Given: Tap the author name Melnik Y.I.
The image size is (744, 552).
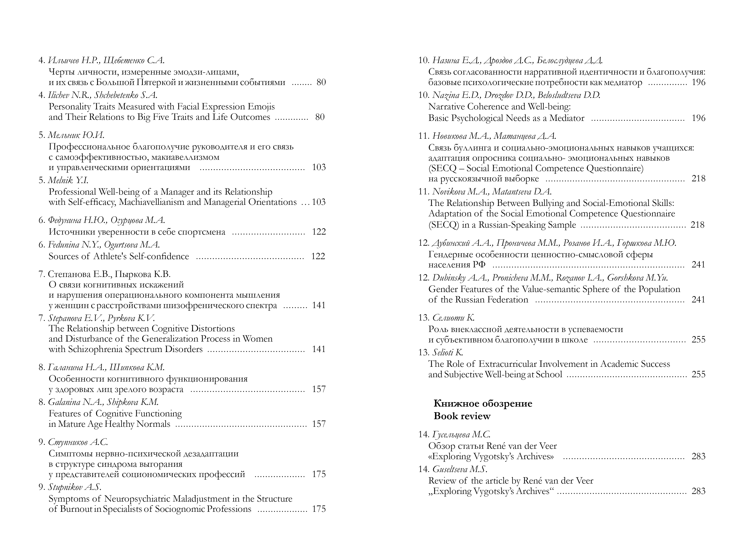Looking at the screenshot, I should [x=68, y=180].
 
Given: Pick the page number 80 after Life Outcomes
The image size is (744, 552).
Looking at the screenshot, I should [x=320, y=117].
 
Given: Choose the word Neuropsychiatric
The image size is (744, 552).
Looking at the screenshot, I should [x=138, y=499].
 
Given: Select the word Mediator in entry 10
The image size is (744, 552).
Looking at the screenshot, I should [x=567, y=118].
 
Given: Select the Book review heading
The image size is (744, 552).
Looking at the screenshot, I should [x=462, y=416].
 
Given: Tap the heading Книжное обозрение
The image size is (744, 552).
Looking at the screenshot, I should [x=483, y=404].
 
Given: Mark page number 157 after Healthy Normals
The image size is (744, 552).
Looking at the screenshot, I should [x=319, y=424].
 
